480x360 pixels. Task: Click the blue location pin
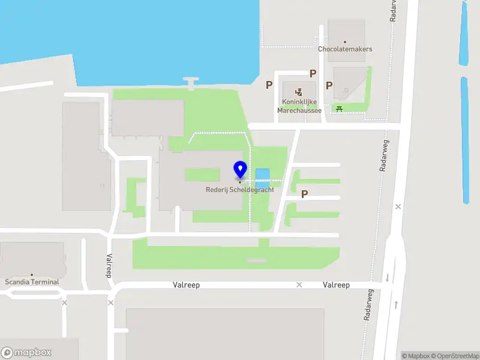(240, 170)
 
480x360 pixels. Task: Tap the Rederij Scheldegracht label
(240, 190)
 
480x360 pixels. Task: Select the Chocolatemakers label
(345, 49)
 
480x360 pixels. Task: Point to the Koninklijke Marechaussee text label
(299, 106)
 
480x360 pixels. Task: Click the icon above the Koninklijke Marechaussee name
(299, 92)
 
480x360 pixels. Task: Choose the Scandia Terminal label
(32, 281)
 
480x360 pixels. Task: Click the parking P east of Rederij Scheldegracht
(304, 194)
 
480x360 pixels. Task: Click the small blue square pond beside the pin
(262, 176)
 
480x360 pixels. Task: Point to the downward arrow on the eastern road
(387, 277)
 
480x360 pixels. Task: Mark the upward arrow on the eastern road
(397, 305)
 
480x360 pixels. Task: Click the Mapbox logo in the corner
(26, 352)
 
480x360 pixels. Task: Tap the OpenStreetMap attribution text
(454, 356)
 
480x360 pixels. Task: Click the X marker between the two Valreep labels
(299, 284)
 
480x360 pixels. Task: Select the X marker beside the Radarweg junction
(398, 206)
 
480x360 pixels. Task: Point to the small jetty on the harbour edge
(191, 82)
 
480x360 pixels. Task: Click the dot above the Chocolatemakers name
(345, 41)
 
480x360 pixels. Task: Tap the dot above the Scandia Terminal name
(32, 274)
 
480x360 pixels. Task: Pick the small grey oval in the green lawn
(256, 260)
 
